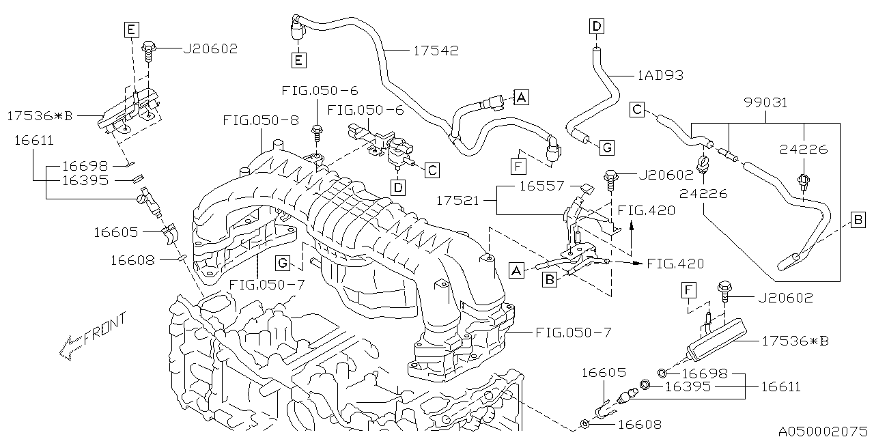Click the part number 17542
[x=436, y=50]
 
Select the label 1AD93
[x=660, y=75]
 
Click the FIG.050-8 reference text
[x=260, y=121]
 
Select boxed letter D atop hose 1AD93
[x=596, y=27]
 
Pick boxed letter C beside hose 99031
[x=636, y=109]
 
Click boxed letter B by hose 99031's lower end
[x=858, y=219]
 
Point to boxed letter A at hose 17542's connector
[x=521, y=98]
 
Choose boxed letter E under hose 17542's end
[x=298, y=60]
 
